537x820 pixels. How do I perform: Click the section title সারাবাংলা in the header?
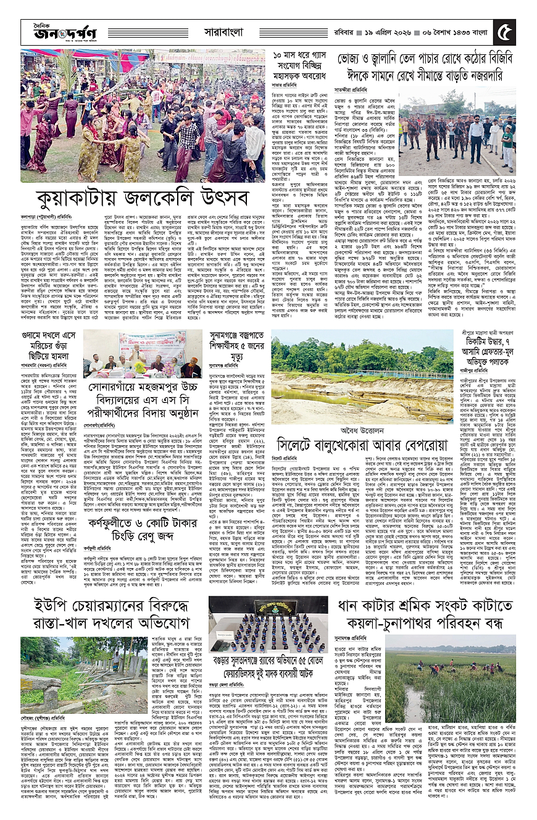(228, 30)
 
